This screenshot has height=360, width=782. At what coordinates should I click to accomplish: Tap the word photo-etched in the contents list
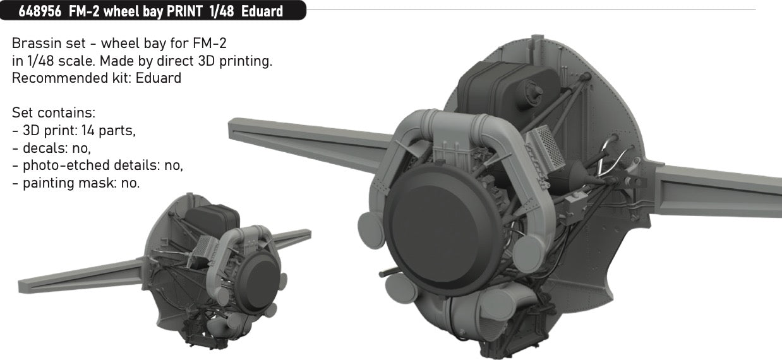pyautogui.click(x=66, y=165)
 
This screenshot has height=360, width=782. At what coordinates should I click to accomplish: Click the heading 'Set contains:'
pyautogui.click(x=54, y=114)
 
